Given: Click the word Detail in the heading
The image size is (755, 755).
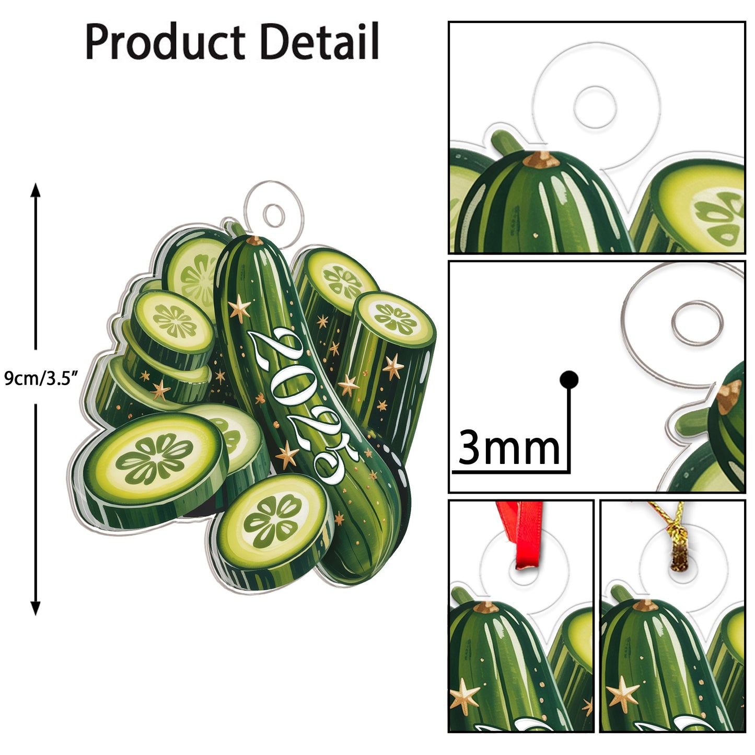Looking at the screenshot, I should (x=319, y=42).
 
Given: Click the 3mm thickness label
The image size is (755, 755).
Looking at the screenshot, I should (x=508, y=448).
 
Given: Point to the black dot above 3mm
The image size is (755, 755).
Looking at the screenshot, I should (x=568, y=379).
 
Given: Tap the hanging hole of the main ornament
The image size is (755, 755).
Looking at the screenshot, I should (x=274, y=215).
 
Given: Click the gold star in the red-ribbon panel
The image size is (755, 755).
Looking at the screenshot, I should (x=464, y=695).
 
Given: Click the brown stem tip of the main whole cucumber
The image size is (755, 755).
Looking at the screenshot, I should (x=255, y=240).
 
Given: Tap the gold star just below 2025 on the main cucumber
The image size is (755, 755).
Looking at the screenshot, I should (x=287, y=455).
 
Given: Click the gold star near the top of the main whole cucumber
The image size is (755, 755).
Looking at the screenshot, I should (x=240, y=308).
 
